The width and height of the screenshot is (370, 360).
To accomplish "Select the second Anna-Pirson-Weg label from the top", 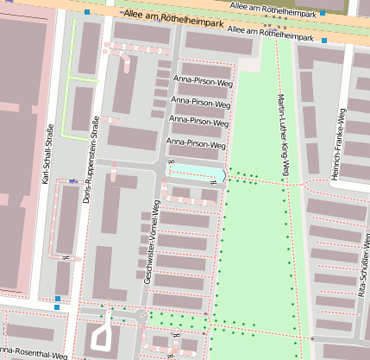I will [202, 101].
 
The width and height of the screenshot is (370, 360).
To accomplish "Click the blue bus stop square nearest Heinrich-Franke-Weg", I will [323, 13].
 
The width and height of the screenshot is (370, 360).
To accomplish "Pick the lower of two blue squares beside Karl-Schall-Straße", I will [57, 306].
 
